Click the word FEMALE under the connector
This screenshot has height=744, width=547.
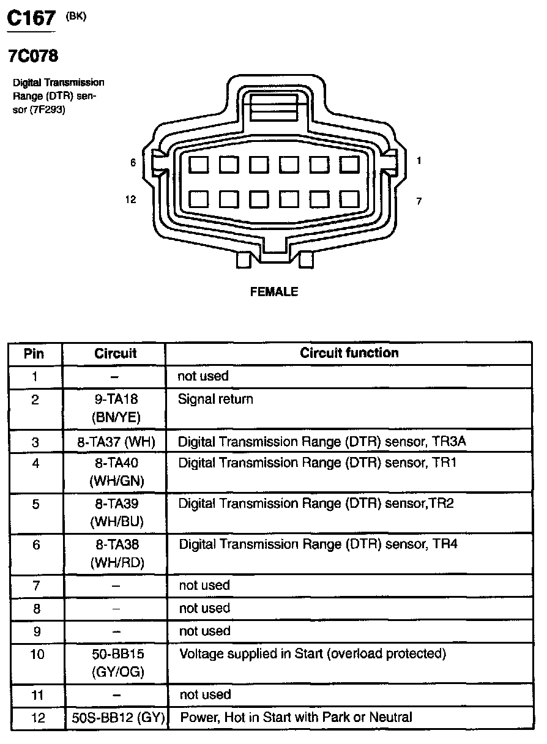274,292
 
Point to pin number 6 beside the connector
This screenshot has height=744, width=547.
132,163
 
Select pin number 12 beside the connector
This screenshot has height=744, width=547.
130,199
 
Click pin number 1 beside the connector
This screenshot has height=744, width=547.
419,161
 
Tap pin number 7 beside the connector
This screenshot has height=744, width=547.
419,201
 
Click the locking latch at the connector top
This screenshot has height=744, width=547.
274,108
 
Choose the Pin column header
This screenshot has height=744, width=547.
34,354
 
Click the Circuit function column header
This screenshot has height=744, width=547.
349,353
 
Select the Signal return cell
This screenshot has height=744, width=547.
215,400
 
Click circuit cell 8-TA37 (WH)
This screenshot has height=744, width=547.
116,441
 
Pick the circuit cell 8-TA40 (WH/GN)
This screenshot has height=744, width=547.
116,472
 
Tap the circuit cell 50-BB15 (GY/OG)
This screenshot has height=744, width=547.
116,663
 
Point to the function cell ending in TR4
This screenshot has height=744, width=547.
318,543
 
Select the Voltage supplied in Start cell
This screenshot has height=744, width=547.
312,653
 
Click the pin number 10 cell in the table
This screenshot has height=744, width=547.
37,654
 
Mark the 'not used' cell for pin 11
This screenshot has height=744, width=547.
205,694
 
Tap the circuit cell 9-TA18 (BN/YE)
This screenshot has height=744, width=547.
116,408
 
